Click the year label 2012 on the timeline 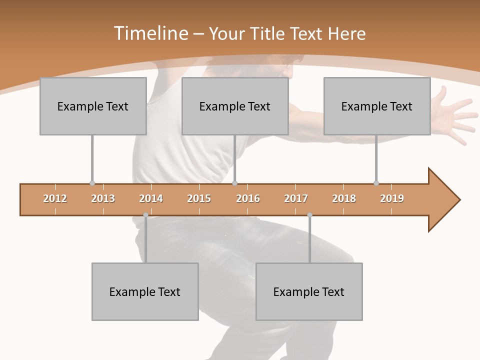tap(55, 198)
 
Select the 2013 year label tap(103, 198)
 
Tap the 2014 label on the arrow tap(151, 198)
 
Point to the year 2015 tap(199, 198)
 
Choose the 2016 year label tap(248, 198)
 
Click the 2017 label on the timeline tap(296, 198)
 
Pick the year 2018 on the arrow tap(344, 198)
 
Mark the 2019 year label tap(392, 198)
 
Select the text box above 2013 tap(93, 106)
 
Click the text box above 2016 tap(235, 106)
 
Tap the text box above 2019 tap(377, 106)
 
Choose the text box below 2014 tap(145, 291)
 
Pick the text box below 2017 tap(309, 291)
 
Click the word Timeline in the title tap(150, 33)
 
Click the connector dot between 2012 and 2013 tap(92, 183)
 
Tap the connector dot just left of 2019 tap(376, 183)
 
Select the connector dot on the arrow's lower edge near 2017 tap(309, 215)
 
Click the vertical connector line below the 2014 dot tap(145, 240)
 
